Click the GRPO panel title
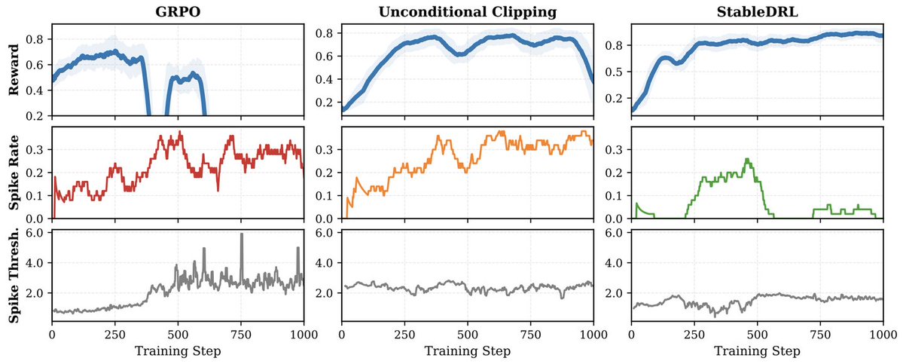177,11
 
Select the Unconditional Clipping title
468,11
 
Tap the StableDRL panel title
757,11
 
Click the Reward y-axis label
14,69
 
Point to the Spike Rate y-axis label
14,173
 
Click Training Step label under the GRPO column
177,351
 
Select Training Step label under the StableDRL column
757,351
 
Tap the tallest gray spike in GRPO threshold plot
242,234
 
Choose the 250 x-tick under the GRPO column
114,334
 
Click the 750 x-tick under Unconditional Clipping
531,334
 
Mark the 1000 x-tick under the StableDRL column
883,334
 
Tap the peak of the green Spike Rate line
746,159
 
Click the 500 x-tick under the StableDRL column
758,334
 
